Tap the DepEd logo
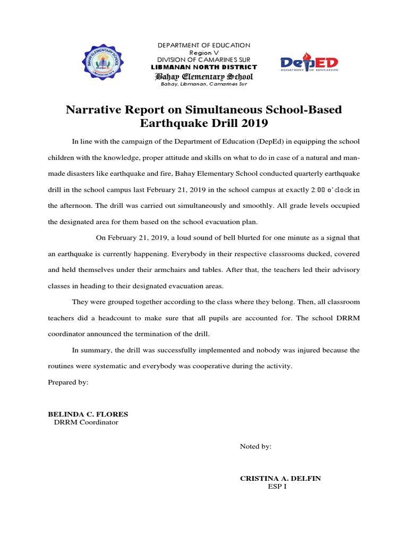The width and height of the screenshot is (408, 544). [309, 64]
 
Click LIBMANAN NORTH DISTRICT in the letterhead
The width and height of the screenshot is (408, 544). [204, 67]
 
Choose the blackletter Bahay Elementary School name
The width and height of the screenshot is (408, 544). [204, 76]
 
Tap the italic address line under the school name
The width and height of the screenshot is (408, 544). [204, 84]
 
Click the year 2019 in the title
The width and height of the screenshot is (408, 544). [253, 124]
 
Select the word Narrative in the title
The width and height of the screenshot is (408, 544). [94, 110]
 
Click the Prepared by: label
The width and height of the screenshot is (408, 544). [68, 382]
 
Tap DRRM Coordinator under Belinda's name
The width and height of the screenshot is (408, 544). [86, 422]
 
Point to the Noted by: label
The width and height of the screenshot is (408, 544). [256, 447]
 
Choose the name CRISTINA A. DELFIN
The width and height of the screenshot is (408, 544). [280, 478]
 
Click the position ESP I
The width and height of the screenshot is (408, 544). [277, 487]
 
